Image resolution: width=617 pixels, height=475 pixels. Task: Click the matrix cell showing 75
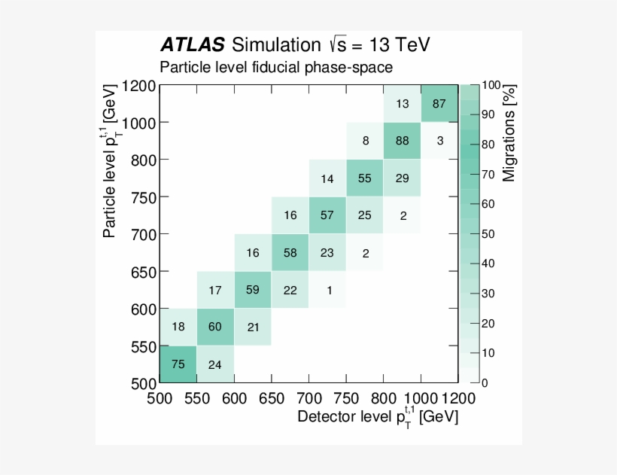(178, 364)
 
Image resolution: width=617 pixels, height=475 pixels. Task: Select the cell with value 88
(402, 141)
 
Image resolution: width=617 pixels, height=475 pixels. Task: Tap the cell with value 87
(439, 103)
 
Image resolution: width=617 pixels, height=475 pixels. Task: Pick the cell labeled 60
(215, 327)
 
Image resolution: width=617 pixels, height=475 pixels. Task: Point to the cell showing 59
(253, 290)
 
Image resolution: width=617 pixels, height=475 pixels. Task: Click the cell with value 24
(215, 364)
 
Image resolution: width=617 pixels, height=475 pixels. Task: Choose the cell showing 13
(402, 103)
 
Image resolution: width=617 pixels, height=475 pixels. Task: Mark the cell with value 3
(439, 141)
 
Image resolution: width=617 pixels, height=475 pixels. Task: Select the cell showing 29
(402, 178)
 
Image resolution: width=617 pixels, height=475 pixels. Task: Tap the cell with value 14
(327, 178)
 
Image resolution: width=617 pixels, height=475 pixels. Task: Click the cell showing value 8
(365, 141)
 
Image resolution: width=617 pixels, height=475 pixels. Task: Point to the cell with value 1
(327, 290)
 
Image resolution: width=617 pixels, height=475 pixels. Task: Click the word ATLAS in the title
(191, 44)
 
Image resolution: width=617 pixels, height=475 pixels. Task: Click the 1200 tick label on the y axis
(137, 86)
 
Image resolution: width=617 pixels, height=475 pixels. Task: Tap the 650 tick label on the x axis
(271, 397)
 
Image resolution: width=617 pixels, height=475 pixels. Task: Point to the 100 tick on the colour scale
(490, 86)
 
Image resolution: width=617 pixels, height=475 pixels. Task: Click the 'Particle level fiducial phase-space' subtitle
(275, 67)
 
